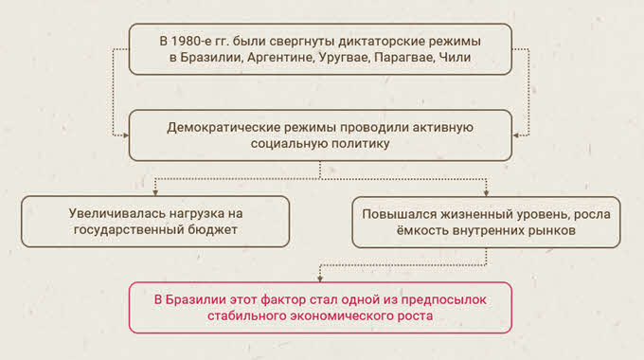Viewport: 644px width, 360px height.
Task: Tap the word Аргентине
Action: point(280,57)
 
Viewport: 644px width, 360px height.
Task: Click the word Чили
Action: point(455,57)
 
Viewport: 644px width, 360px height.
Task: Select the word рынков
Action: point(553,230)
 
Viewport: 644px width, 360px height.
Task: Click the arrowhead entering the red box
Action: point(320,279)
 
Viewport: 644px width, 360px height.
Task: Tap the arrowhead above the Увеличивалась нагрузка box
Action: point(155,192)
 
